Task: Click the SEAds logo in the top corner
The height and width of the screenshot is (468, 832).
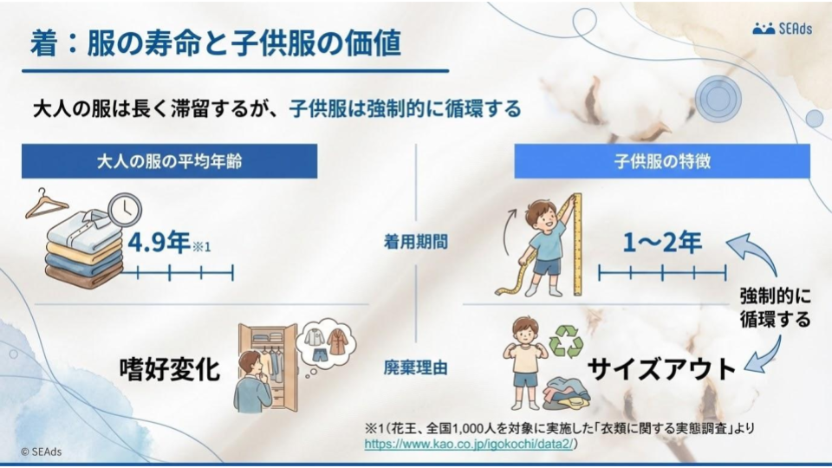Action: point(783,29)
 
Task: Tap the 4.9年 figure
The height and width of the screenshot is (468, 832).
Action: point(159,242)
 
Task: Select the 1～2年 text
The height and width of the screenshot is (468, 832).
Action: point(662,243)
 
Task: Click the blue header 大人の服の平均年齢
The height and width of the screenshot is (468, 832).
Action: point(169,161)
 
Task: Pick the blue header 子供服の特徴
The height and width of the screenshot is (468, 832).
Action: point(662,161)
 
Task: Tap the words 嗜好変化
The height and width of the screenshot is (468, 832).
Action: point(170,368)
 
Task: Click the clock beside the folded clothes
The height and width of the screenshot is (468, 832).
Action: point(126,208)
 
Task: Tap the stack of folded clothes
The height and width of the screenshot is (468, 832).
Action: point(82,251)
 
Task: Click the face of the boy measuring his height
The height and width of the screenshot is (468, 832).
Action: point(543,215)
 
